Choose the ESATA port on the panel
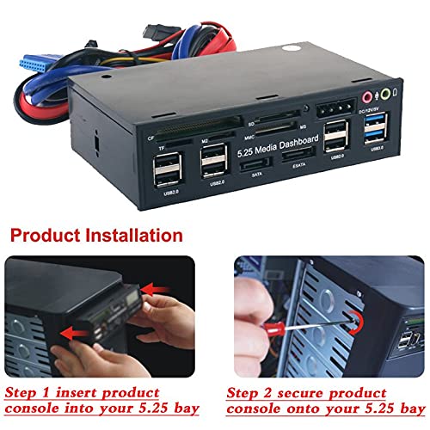coord(298,156)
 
